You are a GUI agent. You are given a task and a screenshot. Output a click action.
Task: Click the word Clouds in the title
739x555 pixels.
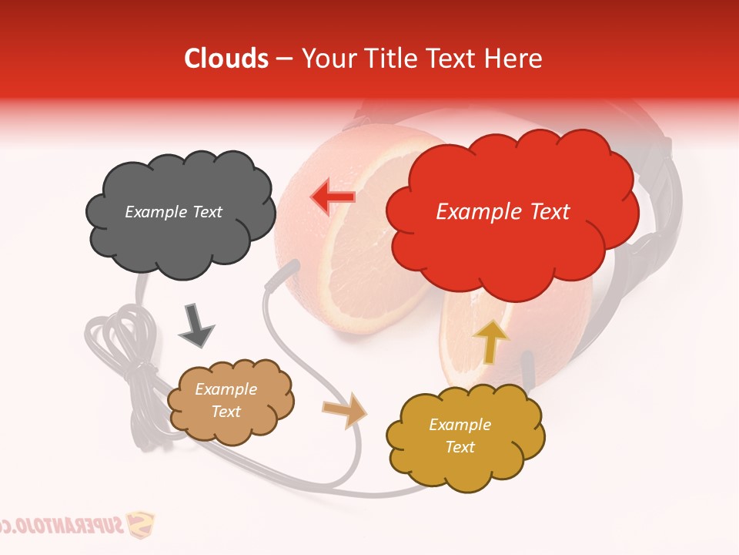pos(226,59)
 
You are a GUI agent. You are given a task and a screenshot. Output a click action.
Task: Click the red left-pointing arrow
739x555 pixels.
pos(333,197)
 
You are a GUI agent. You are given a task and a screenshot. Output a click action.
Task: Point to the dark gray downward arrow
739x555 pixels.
pos(196,325)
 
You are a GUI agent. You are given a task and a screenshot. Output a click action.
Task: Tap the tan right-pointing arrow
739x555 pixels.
pos(346,410)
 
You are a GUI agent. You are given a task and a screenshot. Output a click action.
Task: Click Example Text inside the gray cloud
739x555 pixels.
pos(173,212)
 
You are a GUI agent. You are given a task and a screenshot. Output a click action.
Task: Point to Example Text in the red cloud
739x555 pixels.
pos(503,212)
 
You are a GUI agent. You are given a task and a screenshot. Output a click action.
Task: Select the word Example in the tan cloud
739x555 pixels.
pos(226,390)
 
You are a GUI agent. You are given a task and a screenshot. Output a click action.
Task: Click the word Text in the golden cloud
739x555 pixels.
pos(460,447)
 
